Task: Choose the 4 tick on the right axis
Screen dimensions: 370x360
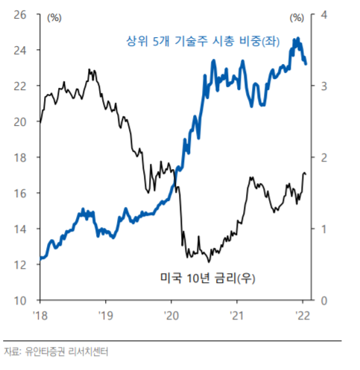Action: click(323, 14)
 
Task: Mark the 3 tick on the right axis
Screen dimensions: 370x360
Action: click(323, 86)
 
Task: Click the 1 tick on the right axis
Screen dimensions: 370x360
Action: click(323, 229)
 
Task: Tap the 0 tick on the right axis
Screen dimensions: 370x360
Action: click(323, 300)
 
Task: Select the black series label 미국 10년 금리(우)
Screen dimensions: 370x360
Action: click(214, 278)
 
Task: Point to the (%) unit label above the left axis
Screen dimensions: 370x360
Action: click(54, 16)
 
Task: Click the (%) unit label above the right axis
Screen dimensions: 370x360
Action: click(298, 16)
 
